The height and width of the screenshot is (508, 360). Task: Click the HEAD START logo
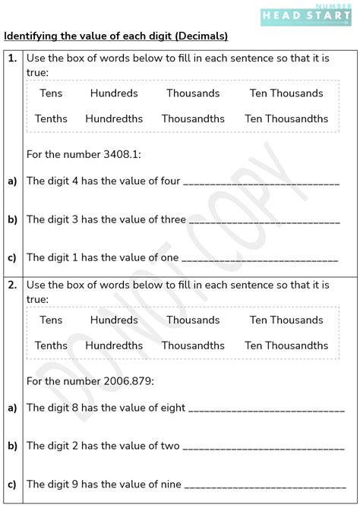[x=306, y=14]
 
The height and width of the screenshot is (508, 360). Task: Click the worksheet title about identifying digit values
[x=116, y=36]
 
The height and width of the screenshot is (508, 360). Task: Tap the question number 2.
[x=13, y=285]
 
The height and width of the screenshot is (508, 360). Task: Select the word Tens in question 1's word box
[x=51, y=93]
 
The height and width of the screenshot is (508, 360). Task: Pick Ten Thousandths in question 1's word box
[x=286, y=118]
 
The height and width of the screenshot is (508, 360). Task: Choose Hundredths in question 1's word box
[x=114, y=118]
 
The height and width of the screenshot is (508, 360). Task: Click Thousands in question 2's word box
[x=193, y=320]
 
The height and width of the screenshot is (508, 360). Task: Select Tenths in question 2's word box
[x=51, y=346]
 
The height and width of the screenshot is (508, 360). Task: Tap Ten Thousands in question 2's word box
[x=286, y=320]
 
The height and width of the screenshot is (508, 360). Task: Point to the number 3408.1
[x=122, y=154]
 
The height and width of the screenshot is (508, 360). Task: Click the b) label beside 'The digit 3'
[x=12, y=219]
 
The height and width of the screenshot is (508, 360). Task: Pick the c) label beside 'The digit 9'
[x=12, y=484]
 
